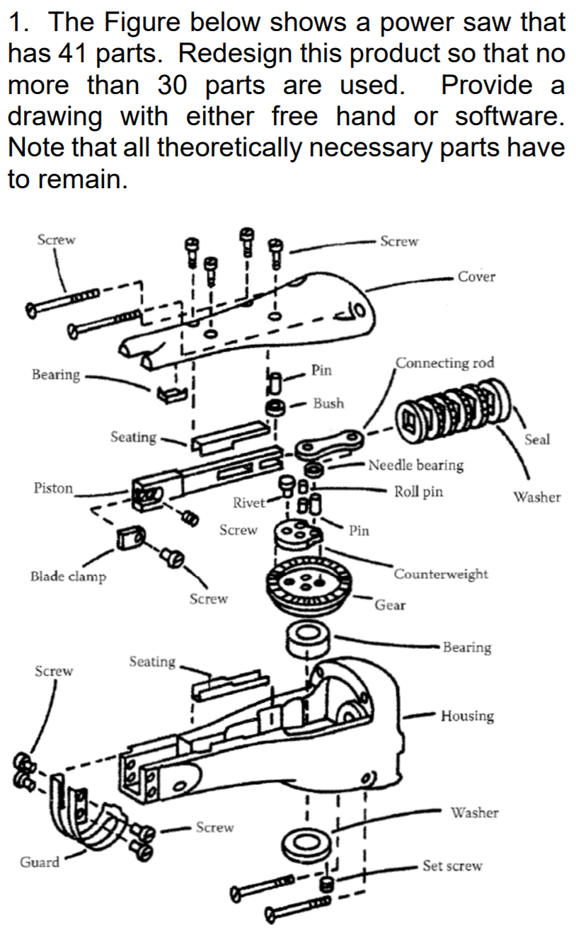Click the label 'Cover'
[476, 277]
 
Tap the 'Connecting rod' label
[444, 363]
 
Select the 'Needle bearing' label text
[416, 465]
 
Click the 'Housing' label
[466, 716]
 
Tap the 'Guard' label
[40, 861]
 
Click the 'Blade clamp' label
[68, 576]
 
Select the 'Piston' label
[53, 488]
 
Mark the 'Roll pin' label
[418, 491]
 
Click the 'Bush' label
[328, 403]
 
